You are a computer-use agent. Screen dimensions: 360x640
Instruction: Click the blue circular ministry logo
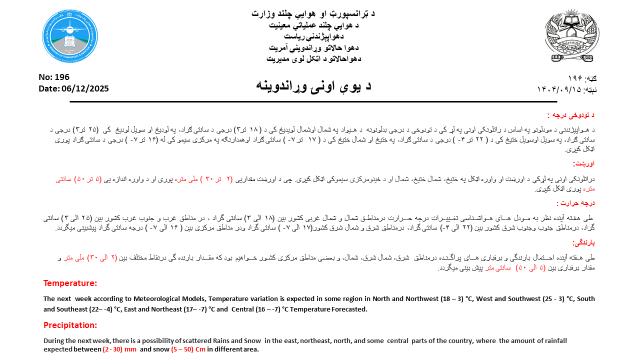click(x=70, y=36)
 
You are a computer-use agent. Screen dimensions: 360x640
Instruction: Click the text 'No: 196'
click(x=54, y=77)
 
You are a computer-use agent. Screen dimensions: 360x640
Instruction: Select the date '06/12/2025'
click(x=85, y=88)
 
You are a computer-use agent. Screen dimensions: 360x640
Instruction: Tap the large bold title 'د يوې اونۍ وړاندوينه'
click(x=313, y=84)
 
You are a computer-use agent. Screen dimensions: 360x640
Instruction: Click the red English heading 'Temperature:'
click(x=70, y=283)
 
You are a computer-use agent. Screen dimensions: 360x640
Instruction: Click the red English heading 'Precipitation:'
click(x=70, y=325)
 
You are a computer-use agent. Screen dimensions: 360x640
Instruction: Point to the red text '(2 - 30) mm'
click(x=119, y=349)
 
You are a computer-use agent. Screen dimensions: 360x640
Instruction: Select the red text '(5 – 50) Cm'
click(x=188, y=349)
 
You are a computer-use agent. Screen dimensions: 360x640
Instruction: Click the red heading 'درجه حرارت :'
click(x=575, y=203)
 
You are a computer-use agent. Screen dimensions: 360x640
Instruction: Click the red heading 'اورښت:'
click(x=583, y=163)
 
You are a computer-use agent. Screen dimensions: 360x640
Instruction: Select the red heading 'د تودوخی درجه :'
click(x=571, y=115)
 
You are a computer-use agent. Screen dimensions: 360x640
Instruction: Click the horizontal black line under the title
click(x=313, y=101)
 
